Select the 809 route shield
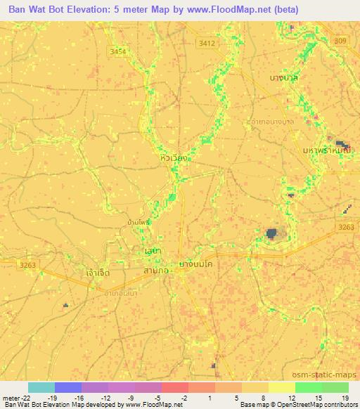point(342,42)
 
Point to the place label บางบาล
point(284,78)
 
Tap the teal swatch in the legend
point(41,387)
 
